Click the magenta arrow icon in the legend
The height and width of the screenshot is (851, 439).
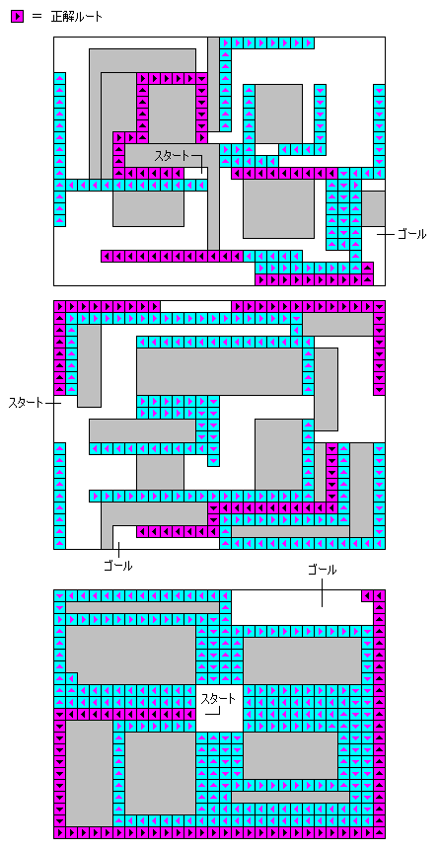(17, 17)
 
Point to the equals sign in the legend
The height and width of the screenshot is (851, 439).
(37, 17)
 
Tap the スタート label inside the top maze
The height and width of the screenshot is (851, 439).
(172, 156)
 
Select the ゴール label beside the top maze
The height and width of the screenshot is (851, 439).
(411, 234)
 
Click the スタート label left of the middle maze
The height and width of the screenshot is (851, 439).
(26, 403)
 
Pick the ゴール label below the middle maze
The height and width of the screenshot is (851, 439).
(117, 566)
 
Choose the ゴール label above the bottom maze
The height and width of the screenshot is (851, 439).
(323, 570)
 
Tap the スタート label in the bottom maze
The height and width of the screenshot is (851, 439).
(219, 699)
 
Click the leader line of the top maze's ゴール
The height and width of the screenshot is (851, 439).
(386, 234)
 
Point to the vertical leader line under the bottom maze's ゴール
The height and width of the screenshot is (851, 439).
(323, 591)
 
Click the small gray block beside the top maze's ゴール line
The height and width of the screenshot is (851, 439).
(373, 208)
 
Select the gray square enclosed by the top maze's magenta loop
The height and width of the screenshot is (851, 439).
(172, 114)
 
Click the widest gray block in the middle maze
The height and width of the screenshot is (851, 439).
(219, 372)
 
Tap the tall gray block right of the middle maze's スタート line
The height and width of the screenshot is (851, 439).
(89, 365)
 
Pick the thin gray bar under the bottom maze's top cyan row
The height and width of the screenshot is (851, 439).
(142, 608)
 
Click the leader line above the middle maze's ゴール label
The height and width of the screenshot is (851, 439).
(117, 550)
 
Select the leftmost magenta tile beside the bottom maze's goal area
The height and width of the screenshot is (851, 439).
(367, 595)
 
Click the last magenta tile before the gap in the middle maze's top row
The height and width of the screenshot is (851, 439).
(154, 307)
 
